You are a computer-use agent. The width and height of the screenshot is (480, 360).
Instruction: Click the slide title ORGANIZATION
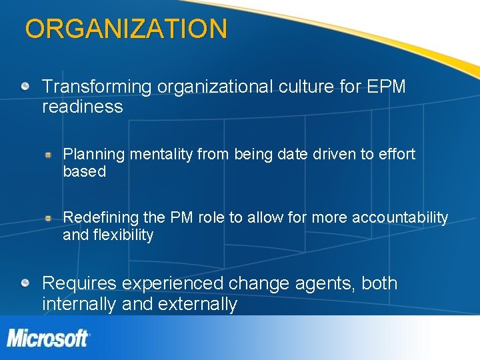click(126, 29)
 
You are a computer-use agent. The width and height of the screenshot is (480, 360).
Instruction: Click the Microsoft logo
click(48, 338)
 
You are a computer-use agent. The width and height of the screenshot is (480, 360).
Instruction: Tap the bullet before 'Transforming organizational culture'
click(25, 87)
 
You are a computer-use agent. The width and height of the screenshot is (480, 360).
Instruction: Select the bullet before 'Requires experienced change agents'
click(25, 283)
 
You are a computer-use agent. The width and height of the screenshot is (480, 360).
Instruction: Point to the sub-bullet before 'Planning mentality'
click(49, 155)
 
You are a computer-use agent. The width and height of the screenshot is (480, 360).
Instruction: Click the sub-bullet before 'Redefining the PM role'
click(49, 218)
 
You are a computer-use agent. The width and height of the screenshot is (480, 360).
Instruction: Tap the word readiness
click(83, 107)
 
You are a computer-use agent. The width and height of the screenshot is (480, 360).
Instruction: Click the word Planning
click(94, 155)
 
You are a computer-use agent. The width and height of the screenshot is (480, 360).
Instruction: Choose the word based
click(85, 172)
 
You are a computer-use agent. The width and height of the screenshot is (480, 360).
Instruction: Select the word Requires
click(79, 283)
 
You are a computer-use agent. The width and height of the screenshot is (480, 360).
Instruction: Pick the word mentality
click(161, 155)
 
